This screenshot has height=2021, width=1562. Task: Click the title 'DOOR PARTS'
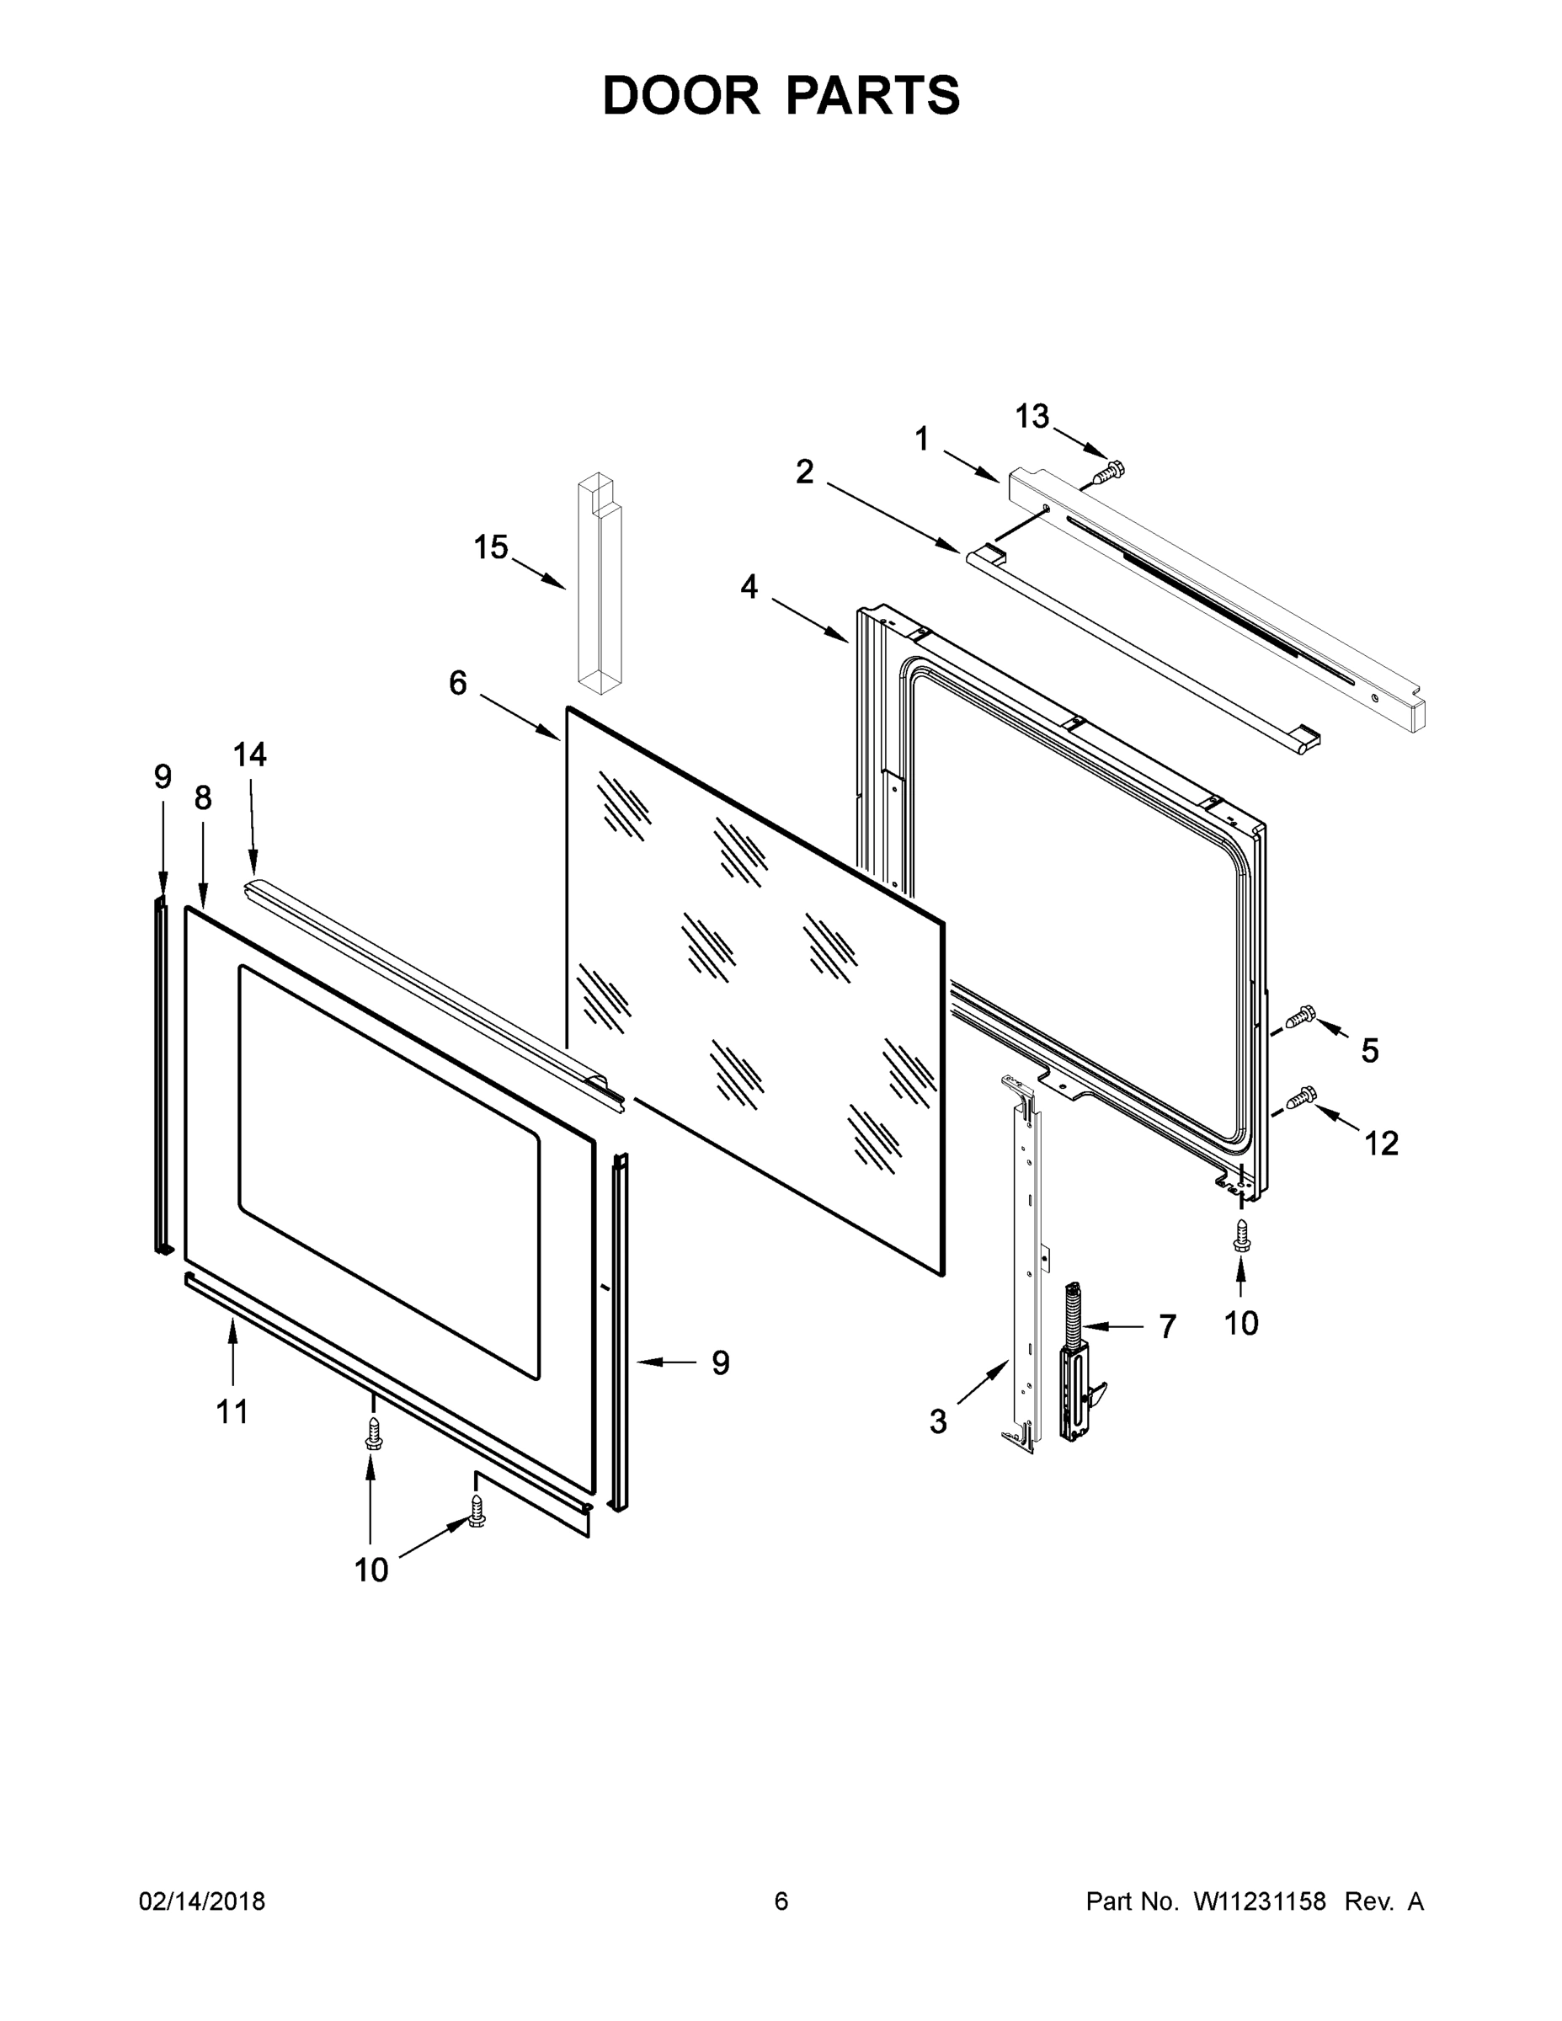pos(781,95)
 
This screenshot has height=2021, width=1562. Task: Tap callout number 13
pos(1032,417)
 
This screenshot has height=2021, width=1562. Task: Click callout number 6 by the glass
pos(458,683)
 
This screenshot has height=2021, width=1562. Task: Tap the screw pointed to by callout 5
pos(1300,1017)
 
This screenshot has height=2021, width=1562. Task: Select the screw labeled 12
pos(1300,1097)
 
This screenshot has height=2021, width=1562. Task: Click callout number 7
pos(1167,1326)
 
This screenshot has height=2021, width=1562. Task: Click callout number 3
pos(938,1421)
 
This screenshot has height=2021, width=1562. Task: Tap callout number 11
pos(232,1411)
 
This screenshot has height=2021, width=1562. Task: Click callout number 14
pos(250,755)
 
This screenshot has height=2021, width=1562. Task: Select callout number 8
pos(203,797)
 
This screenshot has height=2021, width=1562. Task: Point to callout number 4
pos(749,586)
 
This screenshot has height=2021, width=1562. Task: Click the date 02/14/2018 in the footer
pos(202,1901)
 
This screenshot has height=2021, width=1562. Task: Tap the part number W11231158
pos(1260,1901)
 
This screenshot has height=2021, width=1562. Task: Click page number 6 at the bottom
pos(781,1901)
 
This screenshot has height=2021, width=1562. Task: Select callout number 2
pos(805,471)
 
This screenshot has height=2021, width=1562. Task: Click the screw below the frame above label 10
pos(1241,1235)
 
